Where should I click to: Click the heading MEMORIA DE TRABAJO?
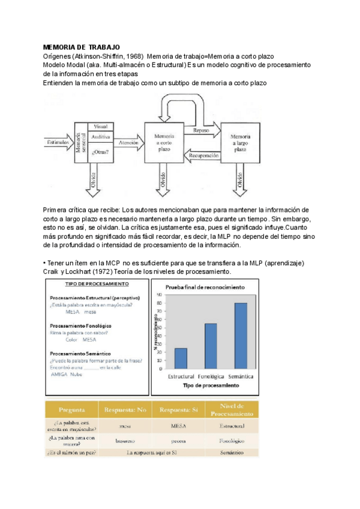(82, 47)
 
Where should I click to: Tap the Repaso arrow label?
(202, 130)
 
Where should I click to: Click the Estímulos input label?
(57, 143)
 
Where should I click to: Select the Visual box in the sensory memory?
(100, 127)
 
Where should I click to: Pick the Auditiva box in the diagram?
(100, 137)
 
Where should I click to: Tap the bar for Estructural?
(181, 358)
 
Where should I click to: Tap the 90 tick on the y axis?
(159, 295)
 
